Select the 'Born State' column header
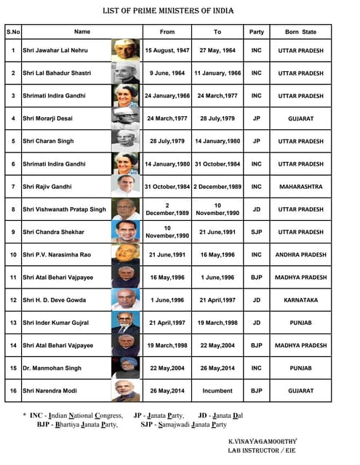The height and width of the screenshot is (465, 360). click(x=300, y=32)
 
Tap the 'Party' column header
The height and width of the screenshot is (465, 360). click(x=256, y=32)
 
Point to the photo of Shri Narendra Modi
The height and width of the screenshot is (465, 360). click(x=126, y=391)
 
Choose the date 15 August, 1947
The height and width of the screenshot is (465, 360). click(x=167, y=50)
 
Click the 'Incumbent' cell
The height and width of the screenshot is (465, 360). click(x=217, y=391)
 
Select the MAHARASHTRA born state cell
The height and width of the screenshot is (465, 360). click(x=300, y=187)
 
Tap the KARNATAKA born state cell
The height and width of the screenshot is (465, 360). click(x=300, y=300)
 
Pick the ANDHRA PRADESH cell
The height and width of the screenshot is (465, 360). click(x=300, y=255)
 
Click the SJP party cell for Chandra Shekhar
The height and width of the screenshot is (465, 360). click(x=256, y=232)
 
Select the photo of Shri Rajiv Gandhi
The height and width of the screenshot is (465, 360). click(x=126, y=186)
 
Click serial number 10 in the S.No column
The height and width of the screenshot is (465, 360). click(x=13, y=255)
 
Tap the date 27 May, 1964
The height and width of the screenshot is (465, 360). click(x=217, y=50)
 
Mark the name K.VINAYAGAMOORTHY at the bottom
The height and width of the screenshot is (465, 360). click(x=262, y=440)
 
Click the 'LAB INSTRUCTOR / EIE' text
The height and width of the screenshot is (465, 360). click(x=262, y=450)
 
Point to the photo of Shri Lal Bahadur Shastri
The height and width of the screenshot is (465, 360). click(x=126, y=73)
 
